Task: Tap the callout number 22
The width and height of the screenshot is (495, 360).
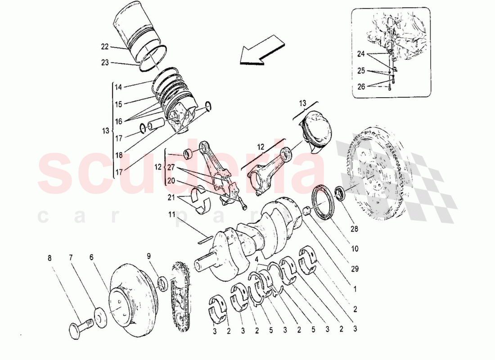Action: pos(105,46)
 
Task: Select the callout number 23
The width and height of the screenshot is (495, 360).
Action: pos(105,63)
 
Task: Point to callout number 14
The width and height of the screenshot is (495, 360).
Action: pos(118,87)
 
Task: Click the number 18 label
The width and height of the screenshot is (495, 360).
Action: pos(118,155)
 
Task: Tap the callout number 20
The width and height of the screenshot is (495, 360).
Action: pos(171,181)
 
